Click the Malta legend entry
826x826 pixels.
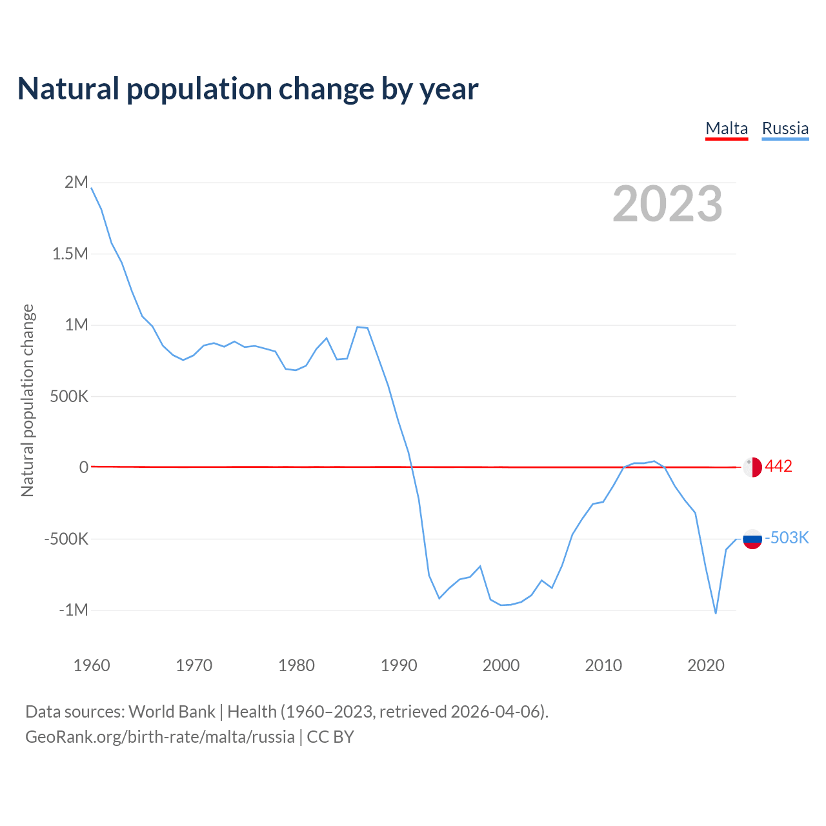coord(727,128)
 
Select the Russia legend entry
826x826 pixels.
coord(785,128)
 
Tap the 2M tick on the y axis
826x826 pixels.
coord(76,183)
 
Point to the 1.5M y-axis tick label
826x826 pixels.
coord(70,254)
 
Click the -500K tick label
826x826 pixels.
coord(66,539)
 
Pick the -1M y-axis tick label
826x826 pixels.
coord(73,610)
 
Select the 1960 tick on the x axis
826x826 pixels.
coord(92,665)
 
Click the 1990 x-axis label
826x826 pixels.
coord(399,665)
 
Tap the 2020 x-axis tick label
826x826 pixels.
coord(706,665)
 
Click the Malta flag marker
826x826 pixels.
coord(752,467)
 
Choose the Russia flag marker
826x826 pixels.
coord(752,538)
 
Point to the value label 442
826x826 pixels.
coord(778,467)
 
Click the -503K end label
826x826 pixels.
coord(787,538)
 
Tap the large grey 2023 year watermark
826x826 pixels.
coord(667,204)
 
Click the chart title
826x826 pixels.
coord(248,89)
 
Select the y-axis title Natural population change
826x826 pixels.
coord(28,401)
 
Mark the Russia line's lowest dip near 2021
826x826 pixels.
coord(716,613)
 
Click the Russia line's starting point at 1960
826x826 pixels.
coord(92,188)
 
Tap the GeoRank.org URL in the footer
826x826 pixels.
coord(159,737)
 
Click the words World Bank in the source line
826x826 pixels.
coord(172,712)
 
